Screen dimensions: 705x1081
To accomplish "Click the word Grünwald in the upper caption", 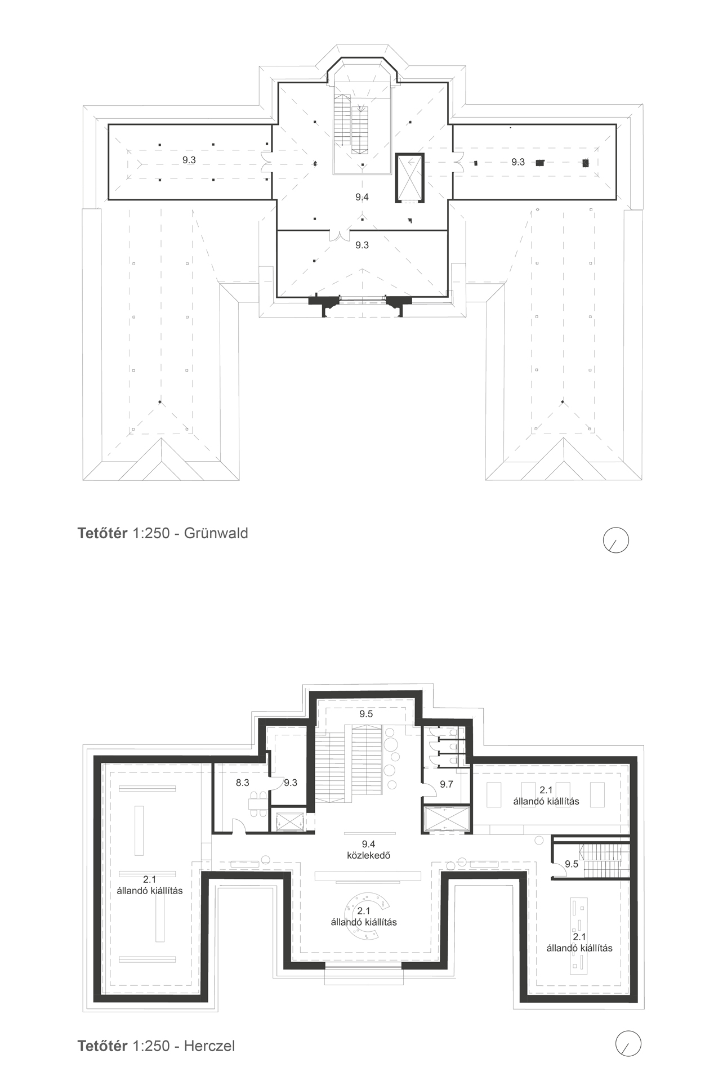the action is click(216, 533).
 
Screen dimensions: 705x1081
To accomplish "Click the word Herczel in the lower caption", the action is click(209, 1046).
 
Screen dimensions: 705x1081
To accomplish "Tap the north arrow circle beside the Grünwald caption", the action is click(615, 540).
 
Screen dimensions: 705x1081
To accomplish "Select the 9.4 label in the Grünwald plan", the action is click(362, 196).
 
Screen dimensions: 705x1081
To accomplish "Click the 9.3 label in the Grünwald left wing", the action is click(189, 160).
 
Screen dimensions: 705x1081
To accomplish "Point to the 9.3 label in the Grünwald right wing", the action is click(518, 162).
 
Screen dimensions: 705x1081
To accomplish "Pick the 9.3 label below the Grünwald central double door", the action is click(362, 245).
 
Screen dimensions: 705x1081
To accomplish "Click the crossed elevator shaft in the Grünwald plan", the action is click(410, 177).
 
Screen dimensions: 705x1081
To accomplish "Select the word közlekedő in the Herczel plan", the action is click(369, 855).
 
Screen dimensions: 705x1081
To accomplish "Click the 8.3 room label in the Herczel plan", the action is click(243, 783).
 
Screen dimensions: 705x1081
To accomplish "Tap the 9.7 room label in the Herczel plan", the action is click(447, 784).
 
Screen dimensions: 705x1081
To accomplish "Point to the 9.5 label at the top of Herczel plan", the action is click(366, 714).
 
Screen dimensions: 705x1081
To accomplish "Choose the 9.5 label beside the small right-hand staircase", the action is click(572, 864).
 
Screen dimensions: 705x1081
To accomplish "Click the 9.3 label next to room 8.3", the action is click(291, 783).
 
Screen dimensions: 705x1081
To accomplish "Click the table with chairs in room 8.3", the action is click(259, 805).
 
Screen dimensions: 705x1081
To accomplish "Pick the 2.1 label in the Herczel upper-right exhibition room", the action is click(546, 790).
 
